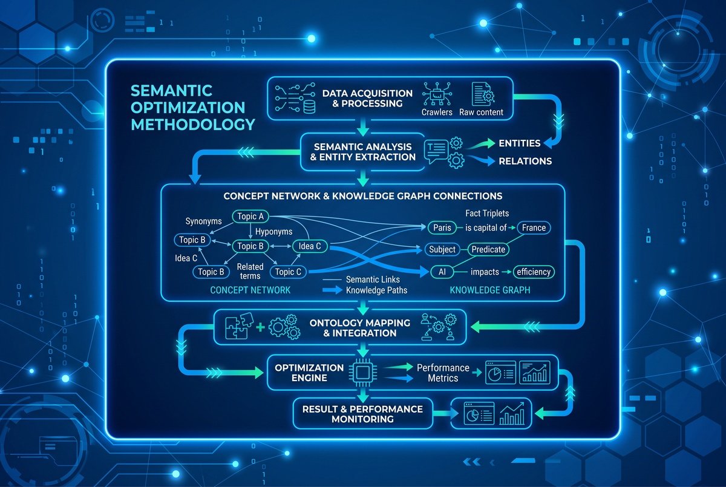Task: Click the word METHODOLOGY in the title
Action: [193, 125]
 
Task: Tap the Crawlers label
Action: [437, 112]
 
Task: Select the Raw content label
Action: [481, 112]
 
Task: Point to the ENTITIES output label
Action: [519, 143]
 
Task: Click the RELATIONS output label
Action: [525, 161]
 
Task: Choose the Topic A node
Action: [250, 217]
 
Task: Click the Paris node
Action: [442, 228]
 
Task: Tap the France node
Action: [534, 228]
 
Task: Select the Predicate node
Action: [488, 249]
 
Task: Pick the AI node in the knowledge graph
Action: [442, 272]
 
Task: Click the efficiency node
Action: [534, 272]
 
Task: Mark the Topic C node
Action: [288, 272]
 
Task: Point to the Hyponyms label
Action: [274, 232]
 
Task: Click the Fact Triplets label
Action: [487, 213]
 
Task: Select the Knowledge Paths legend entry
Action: [365, 290]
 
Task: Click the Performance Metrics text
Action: [443, 373]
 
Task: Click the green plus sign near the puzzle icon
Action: [260, 327]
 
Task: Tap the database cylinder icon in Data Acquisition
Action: [309, 107]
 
